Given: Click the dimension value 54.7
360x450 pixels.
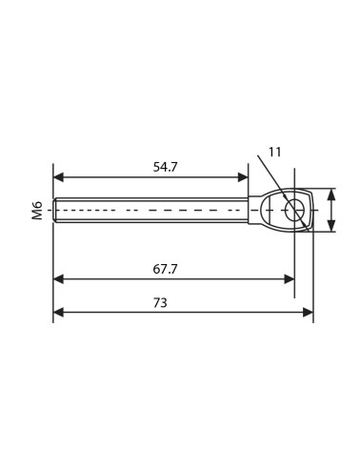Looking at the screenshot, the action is coord(165,167).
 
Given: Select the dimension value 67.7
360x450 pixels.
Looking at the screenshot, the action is coord(165,269).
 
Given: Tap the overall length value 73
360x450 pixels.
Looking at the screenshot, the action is coord(160,303).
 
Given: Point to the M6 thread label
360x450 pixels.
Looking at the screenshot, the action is coord(37,210).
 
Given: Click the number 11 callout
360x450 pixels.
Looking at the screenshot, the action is coord(275,153).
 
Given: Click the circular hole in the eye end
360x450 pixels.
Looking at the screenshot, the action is coord(294,210).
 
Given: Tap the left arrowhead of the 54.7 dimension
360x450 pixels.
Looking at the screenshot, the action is coord(59,177).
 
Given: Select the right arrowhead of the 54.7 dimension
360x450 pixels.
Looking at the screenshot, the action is coord(243,177).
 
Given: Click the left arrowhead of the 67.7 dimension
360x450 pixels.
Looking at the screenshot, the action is coord(59,279).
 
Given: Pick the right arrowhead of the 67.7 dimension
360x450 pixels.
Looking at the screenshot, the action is coord(290,279).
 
